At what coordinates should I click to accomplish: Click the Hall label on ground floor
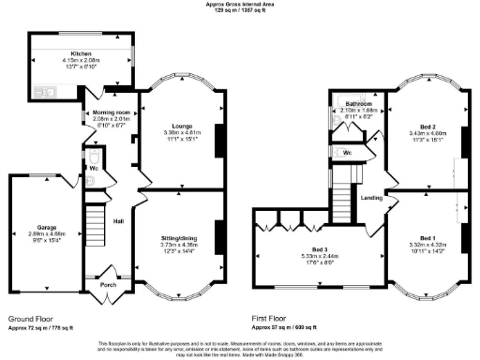119,221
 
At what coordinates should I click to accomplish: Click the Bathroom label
354,102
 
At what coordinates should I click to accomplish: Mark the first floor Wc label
347,151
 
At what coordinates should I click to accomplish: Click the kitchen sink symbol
43,93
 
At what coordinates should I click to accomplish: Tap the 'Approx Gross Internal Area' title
241,5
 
